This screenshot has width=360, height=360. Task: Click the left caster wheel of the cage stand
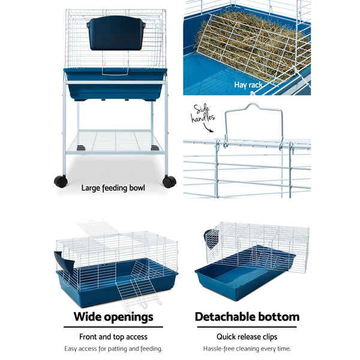[60, 181]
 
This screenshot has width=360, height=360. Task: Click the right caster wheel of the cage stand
[170, 181]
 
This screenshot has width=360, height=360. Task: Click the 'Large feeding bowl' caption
[113, 188]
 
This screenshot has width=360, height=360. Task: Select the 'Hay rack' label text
[248, 85]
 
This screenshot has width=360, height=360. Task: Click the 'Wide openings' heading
[113, 317]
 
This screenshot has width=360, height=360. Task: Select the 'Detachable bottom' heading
[247, 317]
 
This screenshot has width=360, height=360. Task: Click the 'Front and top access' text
[113, 337]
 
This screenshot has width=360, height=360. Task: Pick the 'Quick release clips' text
[247, 337]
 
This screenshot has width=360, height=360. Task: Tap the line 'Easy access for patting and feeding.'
[113, 349]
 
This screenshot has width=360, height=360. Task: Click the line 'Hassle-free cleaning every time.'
[247, 349]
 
